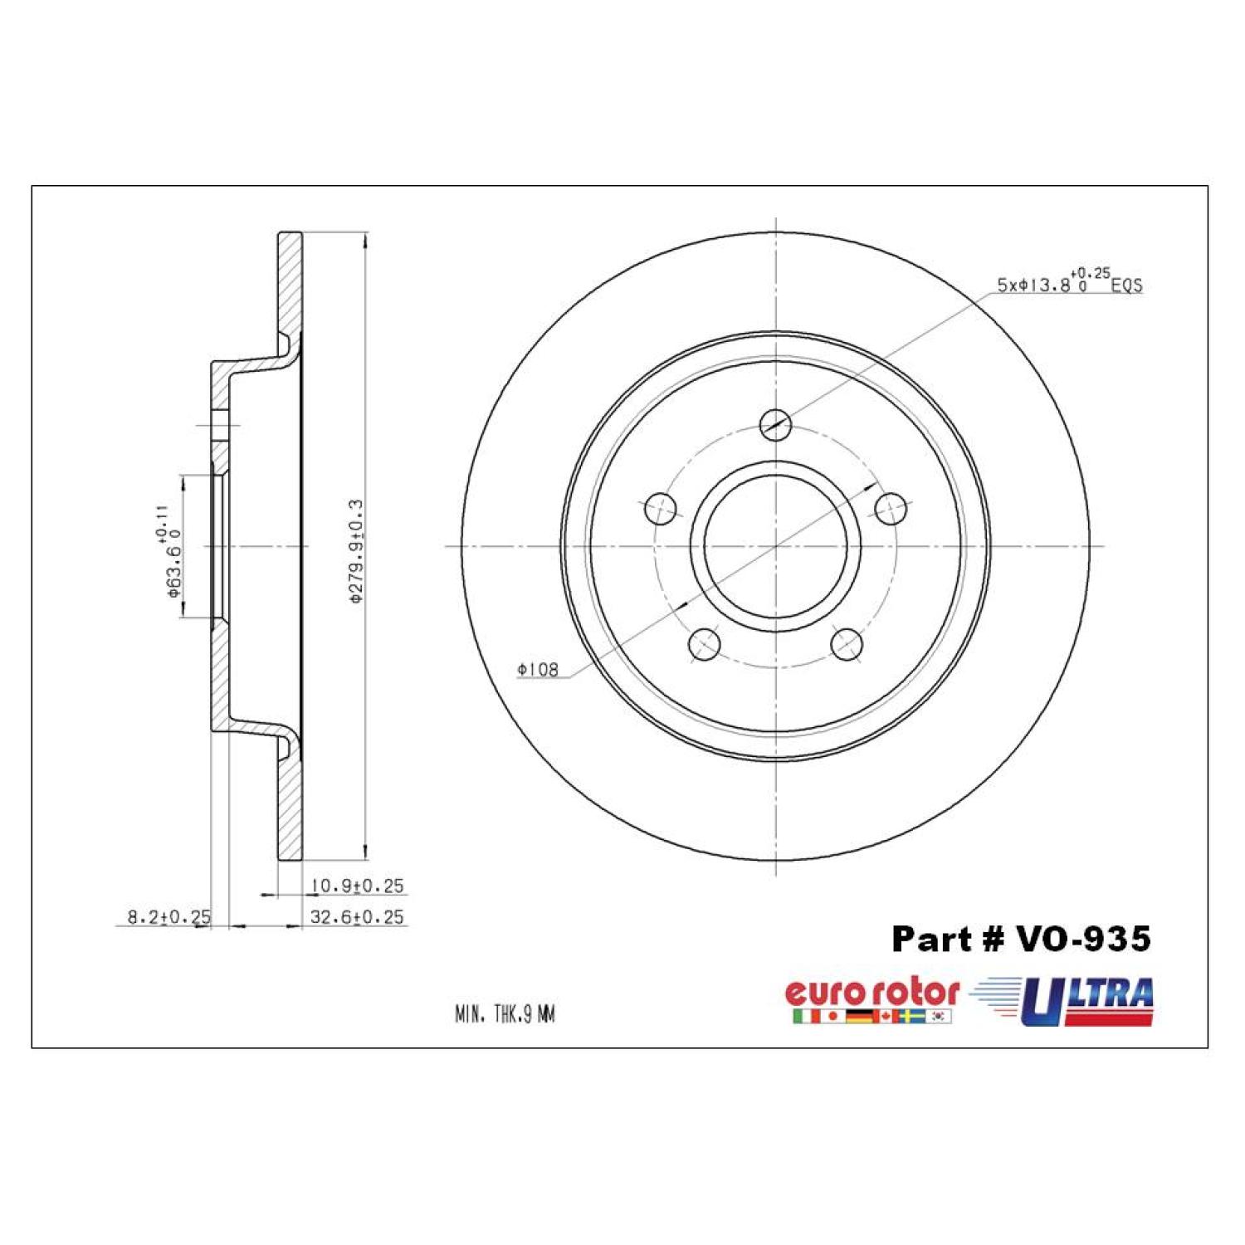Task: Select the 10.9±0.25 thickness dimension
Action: pyautogui.click(x=357, y=886)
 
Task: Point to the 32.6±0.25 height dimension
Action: pyautogui.click(x=357, y=917)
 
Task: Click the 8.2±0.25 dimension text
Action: pyautogui.click(x=168, y=917)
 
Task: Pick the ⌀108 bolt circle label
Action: pyautogui.click(x=538, y=669)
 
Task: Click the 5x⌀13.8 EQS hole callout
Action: pyautogui.click(x=1070, y=282)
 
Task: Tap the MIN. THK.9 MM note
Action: pyautogui.click(x=505, y=1014)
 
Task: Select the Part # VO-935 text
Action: pyautogui.click(x=1021, y=939)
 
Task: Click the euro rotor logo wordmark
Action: pyautogui.click(x=871, y=993)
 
